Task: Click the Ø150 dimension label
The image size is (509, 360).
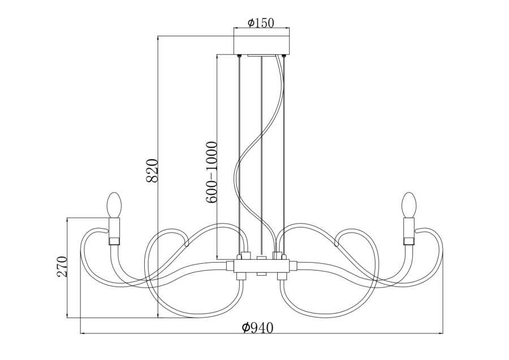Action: tap(261, 23)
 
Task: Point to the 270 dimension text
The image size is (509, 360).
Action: tap(62, 266)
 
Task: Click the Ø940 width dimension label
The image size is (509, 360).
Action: tap(257, 328)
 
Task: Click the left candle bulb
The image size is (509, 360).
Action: tap(114, 204)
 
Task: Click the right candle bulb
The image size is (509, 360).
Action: tap(408, 204)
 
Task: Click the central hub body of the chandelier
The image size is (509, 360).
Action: tap(261, 265)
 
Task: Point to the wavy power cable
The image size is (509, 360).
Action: tap(256, 142)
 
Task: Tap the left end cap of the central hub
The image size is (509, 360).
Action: tap(230, 265)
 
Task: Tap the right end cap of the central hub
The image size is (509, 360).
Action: tap(292, 265)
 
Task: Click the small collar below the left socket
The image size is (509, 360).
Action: tap(114, 242)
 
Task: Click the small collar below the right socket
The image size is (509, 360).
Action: tap(408, 242)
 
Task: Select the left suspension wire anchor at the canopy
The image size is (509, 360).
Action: tap(240, 55)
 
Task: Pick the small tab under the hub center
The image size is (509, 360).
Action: tap(261, 274)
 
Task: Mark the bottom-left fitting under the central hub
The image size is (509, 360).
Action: tap(240, 276)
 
